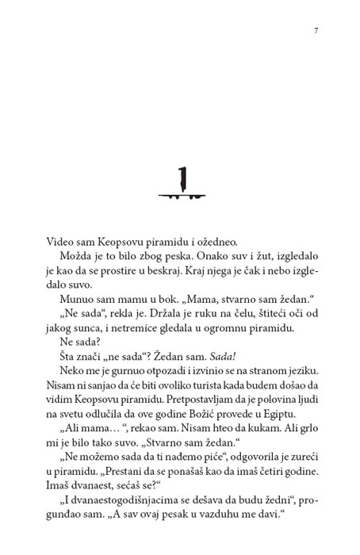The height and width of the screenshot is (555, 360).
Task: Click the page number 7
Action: coord(316,31)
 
